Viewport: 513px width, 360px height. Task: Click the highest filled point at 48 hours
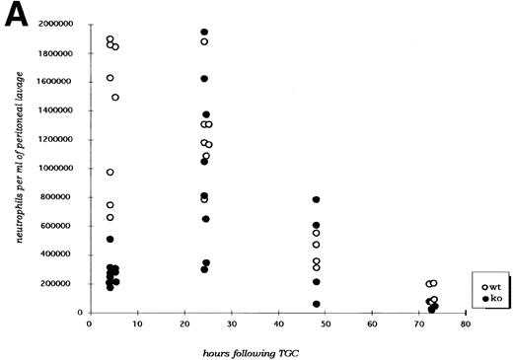coord(316,200)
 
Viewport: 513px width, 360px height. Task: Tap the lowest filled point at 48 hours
coord(316,304)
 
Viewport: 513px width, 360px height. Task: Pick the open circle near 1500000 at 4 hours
coord(115,97)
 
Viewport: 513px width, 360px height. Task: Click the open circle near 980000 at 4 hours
coord(110,173)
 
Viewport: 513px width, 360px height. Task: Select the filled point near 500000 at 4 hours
coord(110,240)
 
